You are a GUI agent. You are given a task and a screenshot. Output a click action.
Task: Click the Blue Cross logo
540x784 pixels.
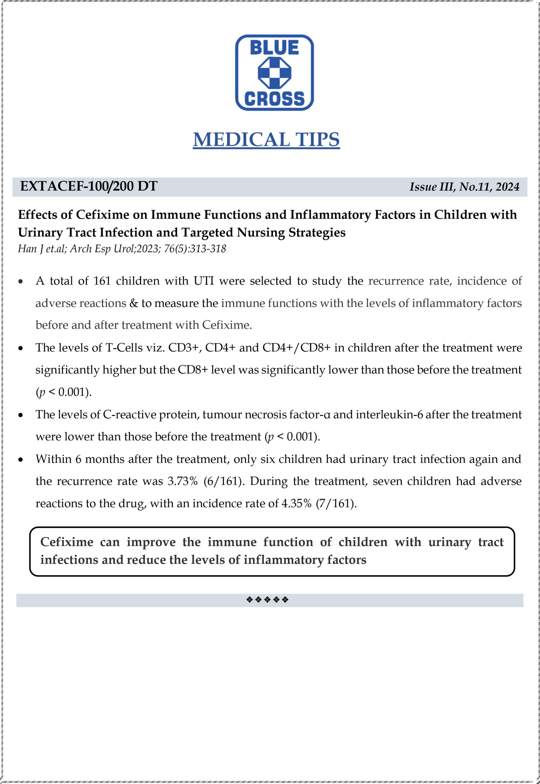pyautogui.click(x=274, y=73)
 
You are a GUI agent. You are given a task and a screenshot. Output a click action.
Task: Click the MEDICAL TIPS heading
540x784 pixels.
pyautogui.click(x=266, y=140)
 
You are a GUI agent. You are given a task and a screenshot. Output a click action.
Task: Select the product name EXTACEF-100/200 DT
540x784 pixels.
pyautogui.click(x=89, y=186)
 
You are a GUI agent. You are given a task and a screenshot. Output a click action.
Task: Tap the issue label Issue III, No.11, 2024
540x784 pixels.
pyautogui.click(x=464, y=187)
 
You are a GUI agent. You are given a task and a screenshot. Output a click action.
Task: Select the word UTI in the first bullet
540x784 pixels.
pyautogui.click(x=204, y=281)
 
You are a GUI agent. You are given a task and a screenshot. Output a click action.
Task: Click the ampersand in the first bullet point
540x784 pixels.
pyautogui.click(x=134, y=303)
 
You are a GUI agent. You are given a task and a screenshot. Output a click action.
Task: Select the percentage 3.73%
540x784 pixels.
pyautogui.click(x=183, y=481)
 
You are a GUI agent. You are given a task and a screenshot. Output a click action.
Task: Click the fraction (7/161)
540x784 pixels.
pyautogui.click(x=336, y=503)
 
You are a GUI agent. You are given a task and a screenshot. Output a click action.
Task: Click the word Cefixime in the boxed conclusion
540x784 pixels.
pyautogui.click(x=67, y=542)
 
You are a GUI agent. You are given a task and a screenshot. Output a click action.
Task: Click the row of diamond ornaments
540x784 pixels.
pyautogui.click(x=267, y=600)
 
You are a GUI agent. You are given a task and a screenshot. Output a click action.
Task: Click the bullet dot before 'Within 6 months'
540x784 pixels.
pyautogui.click(x=21, y=460)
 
